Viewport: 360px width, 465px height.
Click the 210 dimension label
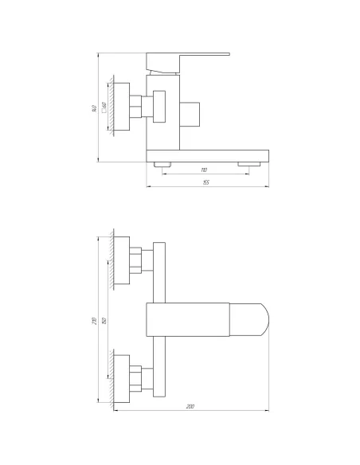pos(95,320)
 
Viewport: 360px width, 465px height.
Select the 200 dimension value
pos(190,407)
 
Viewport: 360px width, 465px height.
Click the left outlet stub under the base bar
pos(162,163)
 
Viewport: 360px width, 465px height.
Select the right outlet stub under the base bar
pos(249,163)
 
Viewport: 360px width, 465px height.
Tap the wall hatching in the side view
pos(112,105)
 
